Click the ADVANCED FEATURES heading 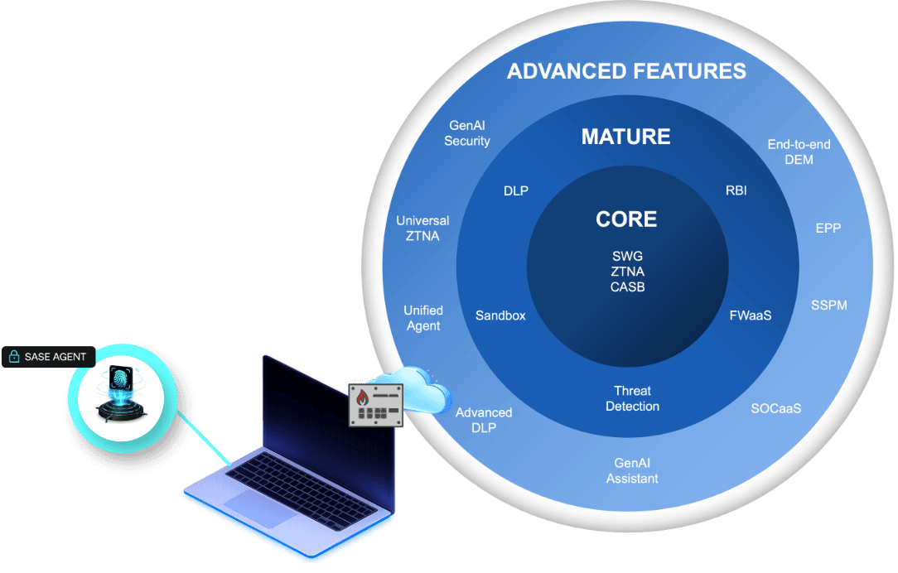(626, 71)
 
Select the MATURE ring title (625, 137)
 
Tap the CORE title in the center (626, 219)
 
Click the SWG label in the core (626, 256)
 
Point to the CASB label (626, 287)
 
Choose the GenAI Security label (467, 133)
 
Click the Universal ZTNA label (422, 229)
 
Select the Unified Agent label (423, 318)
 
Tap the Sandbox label (500, 315)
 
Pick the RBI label (736, 190)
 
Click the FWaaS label (751, 315)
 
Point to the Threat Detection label (632, 398)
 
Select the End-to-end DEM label (799, 152)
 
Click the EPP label (828, 228)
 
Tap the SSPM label (828, 306)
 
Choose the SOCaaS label (776, 408)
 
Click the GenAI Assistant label (632, 471)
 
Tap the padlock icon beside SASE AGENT (14, 357)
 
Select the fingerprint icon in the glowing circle (123, 383)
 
